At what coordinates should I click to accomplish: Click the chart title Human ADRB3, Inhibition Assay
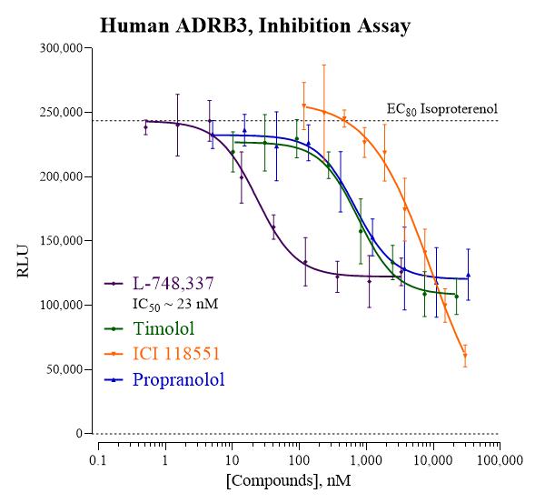pyautogui.click(x=255, y=26)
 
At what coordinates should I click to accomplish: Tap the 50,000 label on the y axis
pyautogui.click(x=65, y=369)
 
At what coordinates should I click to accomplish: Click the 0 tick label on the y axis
pyautogui.click(x=80, y=434)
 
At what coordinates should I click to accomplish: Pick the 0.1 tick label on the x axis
pyautogui.click(x=98, y=460)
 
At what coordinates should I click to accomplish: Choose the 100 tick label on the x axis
pyautogui.click(x=299, y=460)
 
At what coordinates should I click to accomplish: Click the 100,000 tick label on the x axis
pyautogui.click(x=500, y=460)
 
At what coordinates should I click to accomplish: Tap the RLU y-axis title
pyautogui.click(x=23, y=261)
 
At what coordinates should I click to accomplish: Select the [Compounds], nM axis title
pyautogui.click(x=289, y=481)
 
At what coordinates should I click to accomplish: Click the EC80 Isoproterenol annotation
pyautogui.click(x=442, y=109)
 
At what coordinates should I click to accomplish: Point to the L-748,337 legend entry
pyautogui.click(x=159, y=284)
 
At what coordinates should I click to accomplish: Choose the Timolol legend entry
pyautogui.click(x=149, y=328)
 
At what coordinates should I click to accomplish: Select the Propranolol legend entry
pyautogui.click(x=164, y=380)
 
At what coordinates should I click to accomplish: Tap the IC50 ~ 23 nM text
pyautogui.click(x=175, y=304)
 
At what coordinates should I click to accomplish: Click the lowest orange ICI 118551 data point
pyautogui.click(x=465, y=356)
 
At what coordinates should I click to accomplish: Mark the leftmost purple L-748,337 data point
pyautogui.click(x=145, y=127)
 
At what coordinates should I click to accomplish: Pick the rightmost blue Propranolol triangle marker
pyautogui.click(x=468, y=276)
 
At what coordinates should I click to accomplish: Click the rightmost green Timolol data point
pyautogui.click(x=457, y=297)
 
